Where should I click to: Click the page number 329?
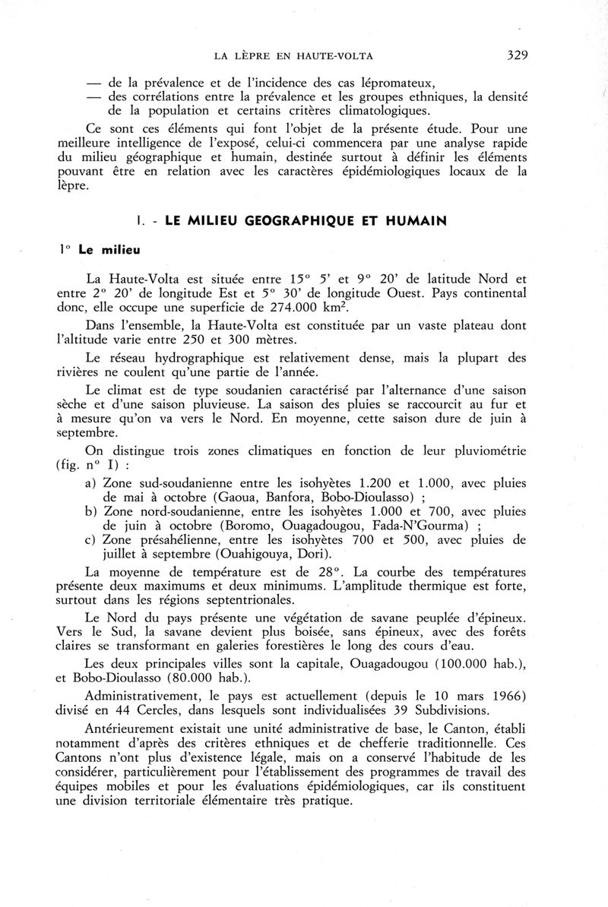(515, 55)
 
